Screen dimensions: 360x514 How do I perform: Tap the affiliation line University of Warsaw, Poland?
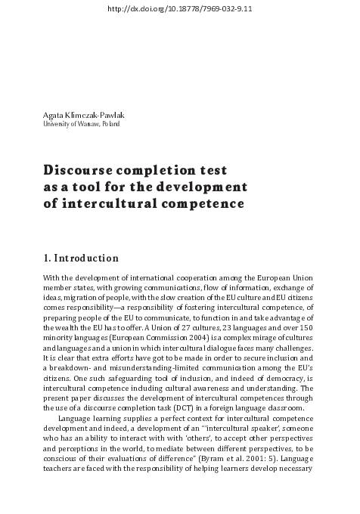[82, 124]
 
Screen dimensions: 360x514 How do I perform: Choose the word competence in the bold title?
[208, 203]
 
